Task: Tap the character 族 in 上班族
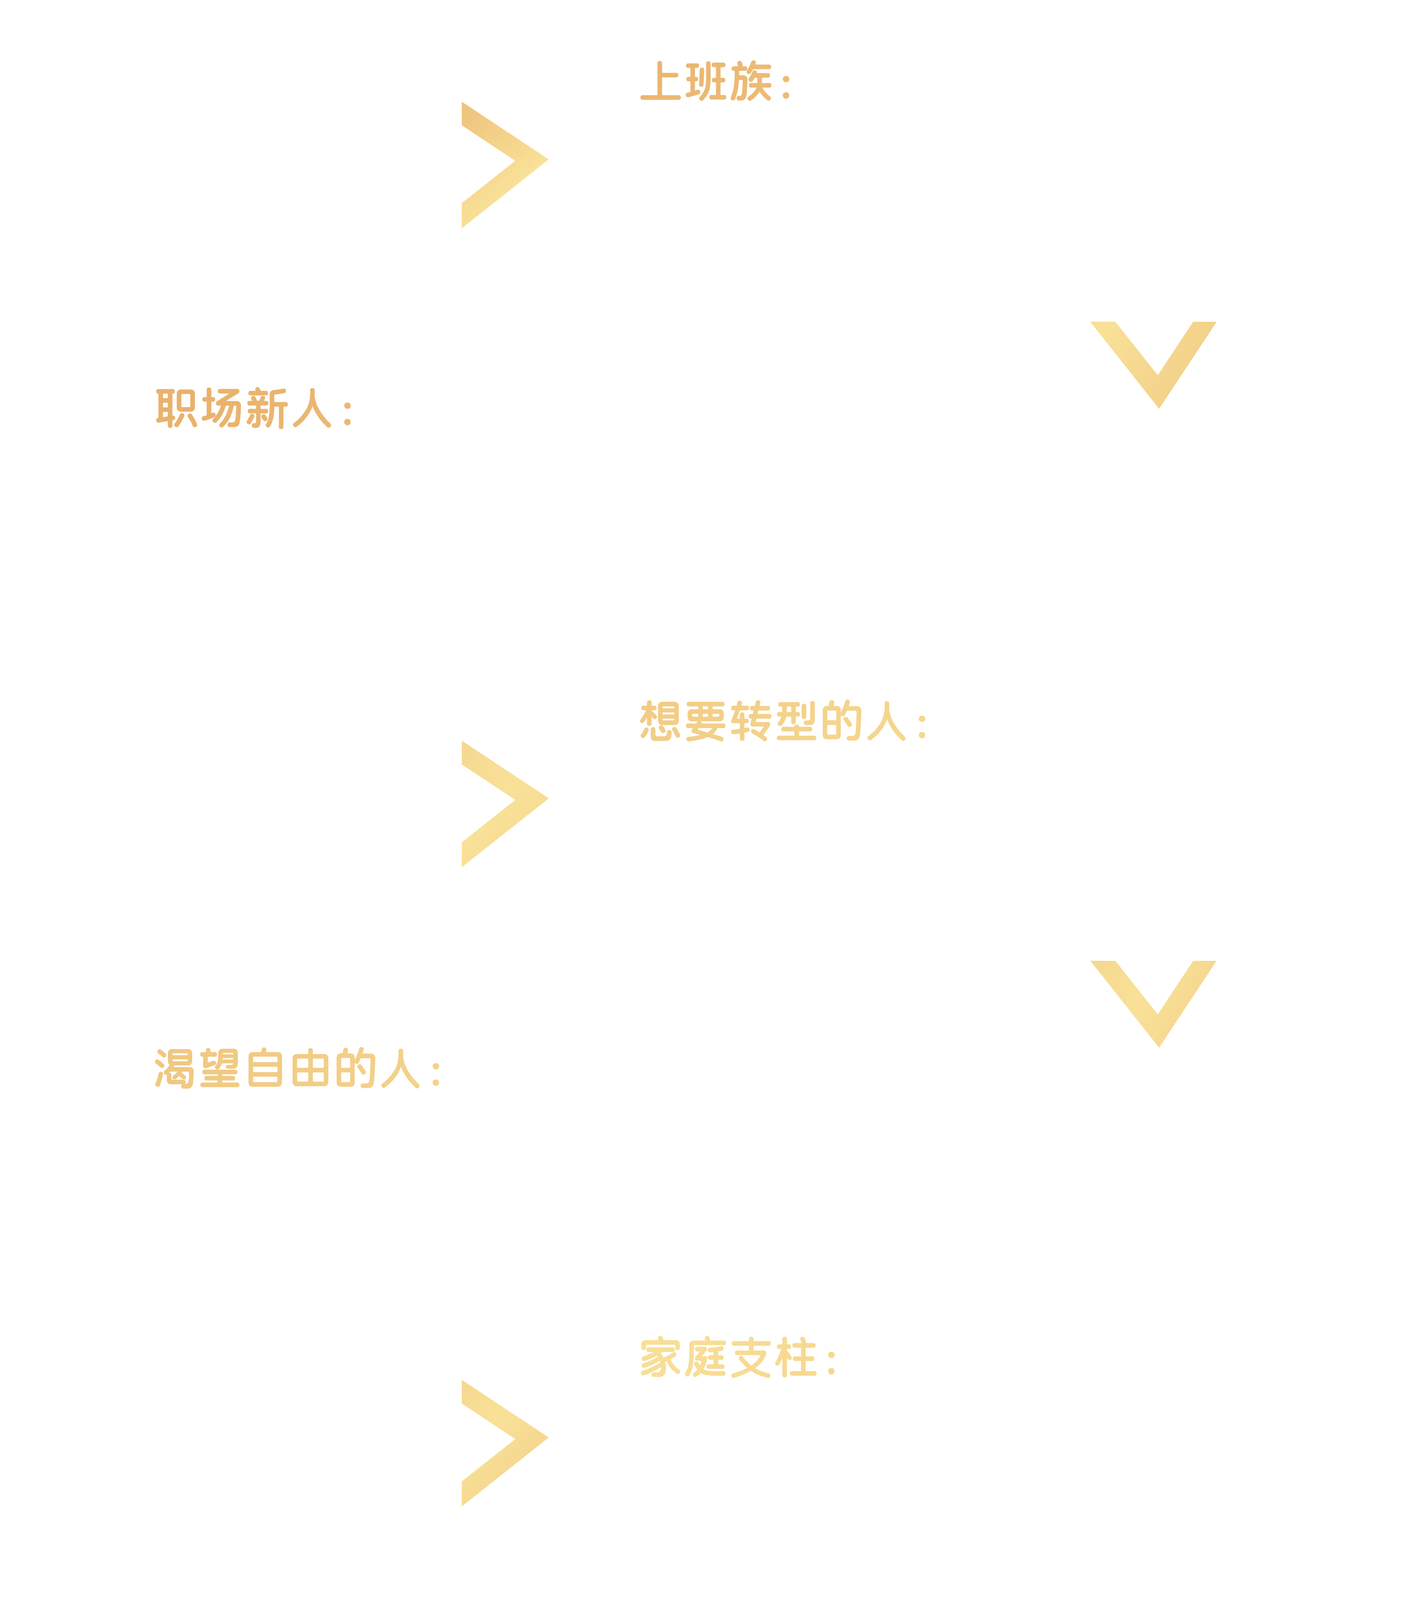(751, 81)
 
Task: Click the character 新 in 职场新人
(266, 408)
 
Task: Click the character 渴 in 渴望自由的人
(174, 1069)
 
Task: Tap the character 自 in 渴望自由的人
(265, 1069)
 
